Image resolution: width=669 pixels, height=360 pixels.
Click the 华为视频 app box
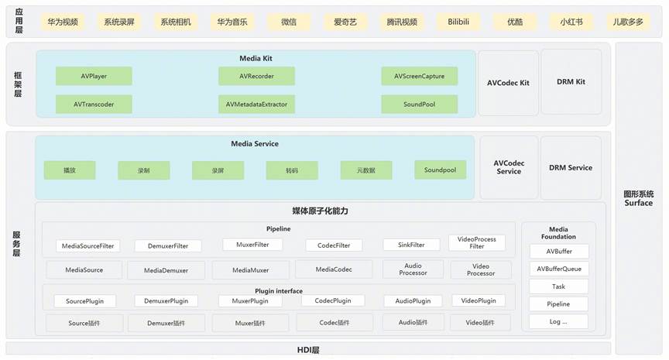(x=63, y=22)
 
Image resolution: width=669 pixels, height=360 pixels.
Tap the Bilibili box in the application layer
(x=458, y=22)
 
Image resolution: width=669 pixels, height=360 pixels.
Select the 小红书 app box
(x=571, y=22)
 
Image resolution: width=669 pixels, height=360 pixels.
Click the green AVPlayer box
(x=94, y=76)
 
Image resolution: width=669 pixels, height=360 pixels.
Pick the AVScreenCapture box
(x=419, y=76)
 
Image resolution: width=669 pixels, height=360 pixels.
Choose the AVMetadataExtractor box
(x=256, y=105)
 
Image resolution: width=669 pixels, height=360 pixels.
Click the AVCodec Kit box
(x=508, y=83)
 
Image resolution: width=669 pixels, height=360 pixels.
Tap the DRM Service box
(x=571, y=167)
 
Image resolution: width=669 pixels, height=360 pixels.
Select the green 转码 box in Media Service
(x=292, y=170)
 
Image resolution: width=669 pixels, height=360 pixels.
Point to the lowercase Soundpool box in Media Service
(x=440, y=170)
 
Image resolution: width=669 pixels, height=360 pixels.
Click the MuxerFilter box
(x=252, y=245)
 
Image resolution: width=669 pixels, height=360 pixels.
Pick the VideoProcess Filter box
(x=476, y=243)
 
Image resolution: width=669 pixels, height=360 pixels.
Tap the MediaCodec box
(x=334, y=269)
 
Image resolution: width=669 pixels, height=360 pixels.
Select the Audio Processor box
(x=413, y=269)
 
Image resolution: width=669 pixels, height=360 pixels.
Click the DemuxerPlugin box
(x=166, y=300)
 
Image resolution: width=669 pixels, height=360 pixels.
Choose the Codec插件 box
(x=334, y=322)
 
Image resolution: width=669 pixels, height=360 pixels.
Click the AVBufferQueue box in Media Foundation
(x=559, y=269)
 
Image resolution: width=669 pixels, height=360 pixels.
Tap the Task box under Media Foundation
(x=559, y=286)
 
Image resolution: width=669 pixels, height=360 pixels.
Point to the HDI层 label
(x=307, y=350)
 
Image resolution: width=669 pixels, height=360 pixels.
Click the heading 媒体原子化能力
(x=320, y=211)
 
